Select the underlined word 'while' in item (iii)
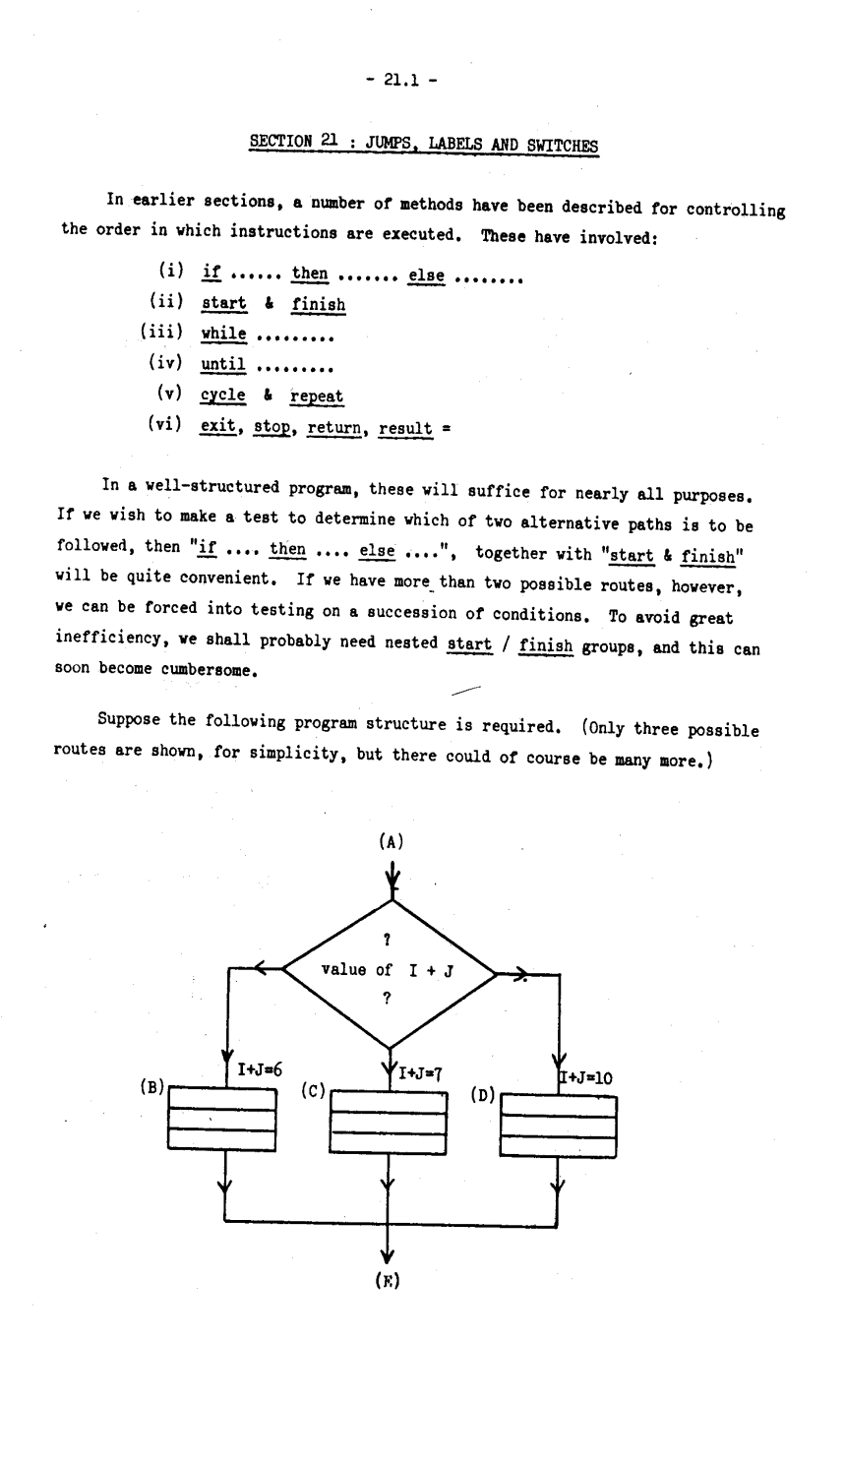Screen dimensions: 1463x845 coord(223,335)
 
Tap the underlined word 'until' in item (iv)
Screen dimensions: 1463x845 coord(222,365)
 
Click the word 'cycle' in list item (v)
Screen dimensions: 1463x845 coord(223,396)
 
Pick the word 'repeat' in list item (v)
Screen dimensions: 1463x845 coord(317,397)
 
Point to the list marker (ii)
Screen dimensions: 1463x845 coord(168,303)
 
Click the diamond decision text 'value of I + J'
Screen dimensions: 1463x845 coord(388,971)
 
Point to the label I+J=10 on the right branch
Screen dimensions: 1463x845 coord(587,1077)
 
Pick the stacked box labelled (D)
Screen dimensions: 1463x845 coord(558,1127)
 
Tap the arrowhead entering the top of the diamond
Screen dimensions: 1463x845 coord(392,878)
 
